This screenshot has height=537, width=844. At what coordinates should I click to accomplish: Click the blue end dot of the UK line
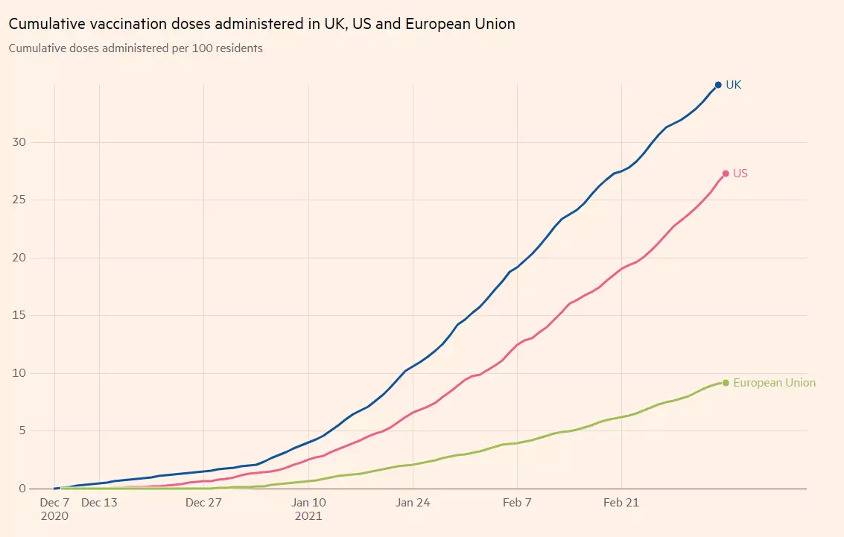718,85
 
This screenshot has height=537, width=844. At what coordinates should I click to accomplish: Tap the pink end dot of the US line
726,174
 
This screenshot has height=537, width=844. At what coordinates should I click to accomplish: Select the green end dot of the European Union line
726,383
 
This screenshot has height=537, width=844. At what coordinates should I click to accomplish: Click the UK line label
734,85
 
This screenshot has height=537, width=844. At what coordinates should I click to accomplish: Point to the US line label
740,174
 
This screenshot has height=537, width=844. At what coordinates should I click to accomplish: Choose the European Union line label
774,383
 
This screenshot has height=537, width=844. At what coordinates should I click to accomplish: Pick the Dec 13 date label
99,503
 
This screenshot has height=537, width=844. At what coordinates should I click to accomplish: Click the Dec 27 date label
204,503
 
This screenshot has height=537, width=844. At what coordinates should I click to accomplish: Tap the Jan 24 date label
413,503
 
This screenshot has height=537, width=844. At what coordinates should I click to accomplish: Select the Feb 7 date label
517,503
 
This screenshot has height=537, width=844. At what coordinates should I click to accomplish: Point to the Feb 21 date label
621,503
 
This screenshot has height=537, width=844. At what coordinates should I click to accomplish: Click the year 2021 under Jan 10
308,515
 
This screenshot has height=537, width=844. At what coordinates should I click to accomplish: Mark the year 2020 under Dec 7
54,515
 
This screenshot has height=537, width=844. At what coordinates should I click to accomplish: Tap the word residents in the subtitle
239,48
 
